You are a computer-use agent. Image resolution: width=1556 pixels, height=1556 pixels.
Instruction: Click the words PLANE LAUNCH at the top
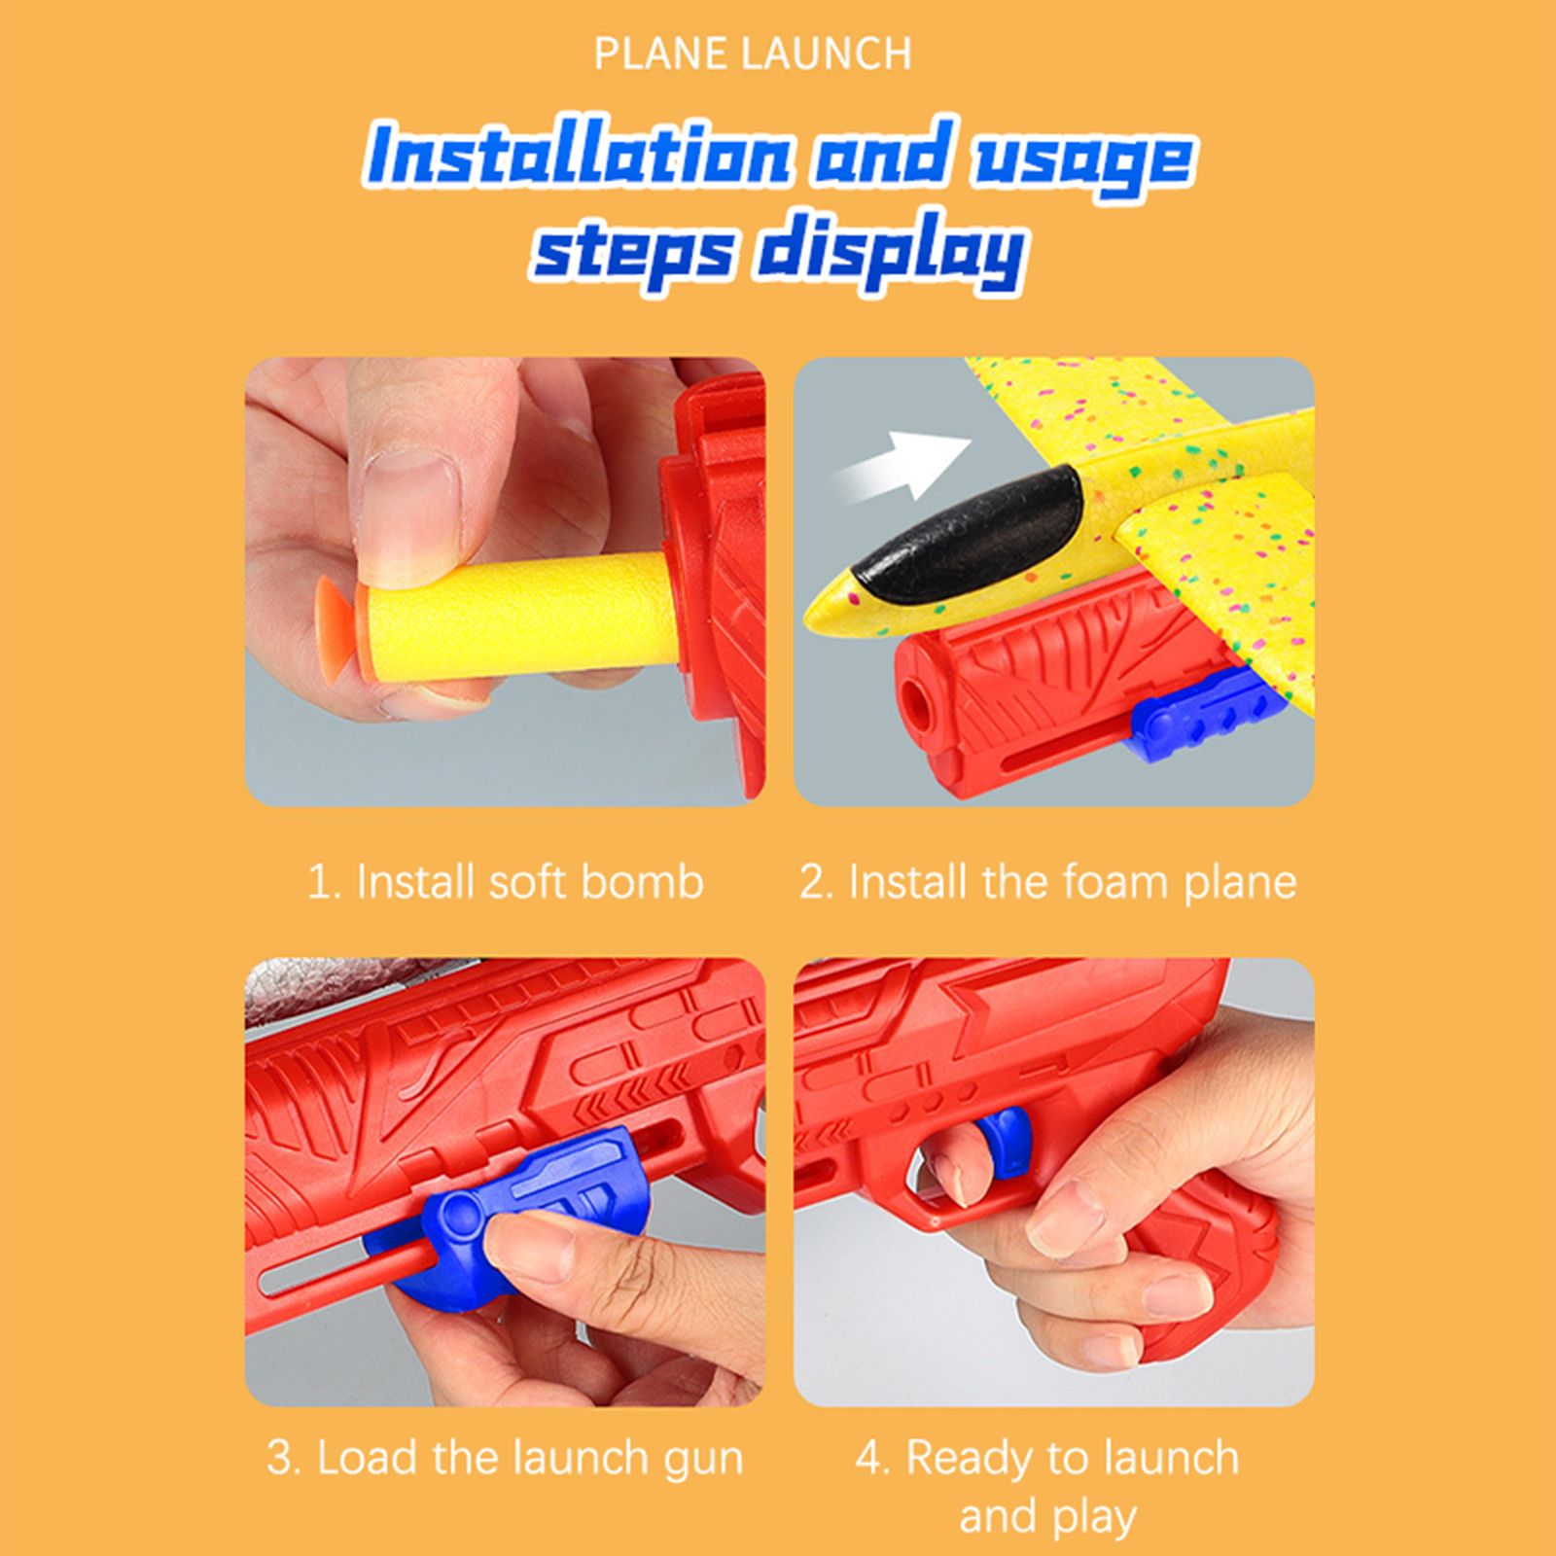(x=753, y=53)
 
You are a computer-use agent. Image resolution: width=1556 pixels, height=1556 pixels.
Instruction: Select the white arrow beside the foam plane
(x=900, y=465)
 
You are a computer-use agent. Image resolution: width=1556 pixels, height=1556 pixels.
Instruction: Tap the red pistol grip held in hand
(x=1201, y=1274)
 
